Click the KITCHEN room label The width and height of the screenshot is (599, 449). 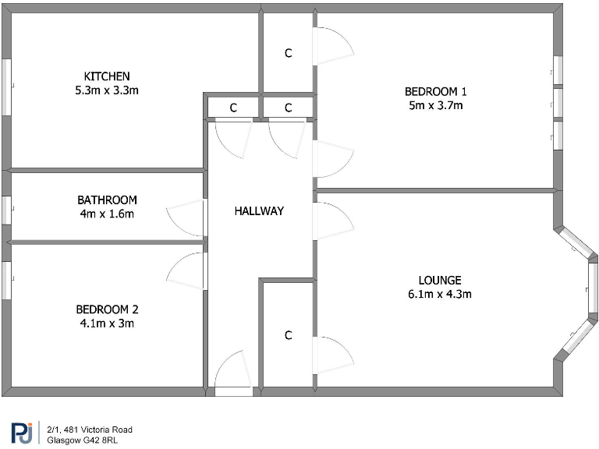click(x=107, y=76)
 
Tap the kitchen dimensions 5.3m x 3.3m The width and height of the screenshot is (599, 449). click(x=107, y=90)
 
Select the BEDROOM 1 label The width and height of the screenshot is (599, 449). click(x=435, y=91)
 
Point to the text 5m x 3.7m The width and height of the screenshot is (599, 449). click(x=435, y=105)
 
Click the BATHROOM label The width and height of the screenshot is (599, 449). click(x=107, y=200)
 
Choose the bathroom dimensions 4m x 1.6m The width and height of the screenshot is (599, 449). click(x=107, y=214)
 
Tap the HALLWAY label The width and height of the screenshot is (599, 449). click(x=259, y=210)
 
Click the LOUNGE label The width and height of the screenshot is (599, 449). click(x=440, y=281)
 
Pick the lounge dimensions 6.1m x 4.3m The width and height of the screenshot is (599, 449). click(x=440, y=295)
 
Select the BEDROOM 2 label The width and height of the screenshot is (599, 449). click(x=107, y=309)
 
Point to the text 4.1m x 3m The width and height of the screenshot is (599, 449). click(x=107, y=323)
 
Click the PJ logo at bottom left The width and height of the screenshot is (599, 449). click(x=22, y=433)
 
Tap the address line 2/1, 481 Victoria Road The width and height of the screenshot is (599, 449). click(x=90, y=430)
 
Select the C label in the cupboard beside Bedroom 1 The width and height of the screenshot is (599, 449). click(x=288, y=53)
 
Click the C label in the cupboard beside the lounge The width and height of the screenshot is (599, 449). click(x=288, y=335)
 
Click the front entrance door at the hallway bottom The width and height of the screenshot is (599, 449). click(x=232, y=374)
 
